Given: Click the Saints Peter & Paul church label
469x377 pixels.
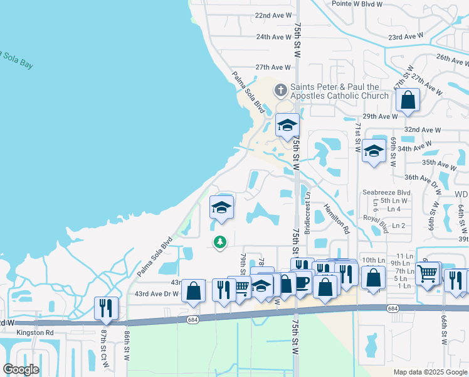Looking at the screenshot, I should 335,91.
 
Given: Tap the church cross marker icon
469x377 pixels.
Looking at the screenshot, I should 280,91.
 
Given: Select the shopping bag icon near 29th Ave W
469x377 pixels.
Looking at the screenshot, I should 408,101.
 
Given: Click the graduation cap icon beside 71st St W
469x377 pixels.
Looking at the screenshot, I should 374,151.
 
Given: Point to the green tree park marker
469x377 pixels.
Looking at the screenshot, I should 219,241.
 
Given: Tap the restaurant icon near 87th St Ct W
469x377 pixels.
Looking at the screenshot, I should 104,308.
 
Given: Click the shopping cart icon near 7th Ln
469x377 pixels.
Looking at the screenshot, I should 428,273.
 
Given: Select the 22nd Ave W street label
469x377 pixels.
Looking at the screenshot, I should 273,14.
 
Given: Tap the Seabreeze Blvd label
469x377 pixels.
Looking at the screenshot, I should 386,192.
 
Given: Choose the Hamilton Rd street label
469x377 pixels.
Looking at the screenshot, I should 335,219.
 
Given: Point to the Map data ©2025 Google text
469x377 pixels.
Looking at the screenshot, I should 429,372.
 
